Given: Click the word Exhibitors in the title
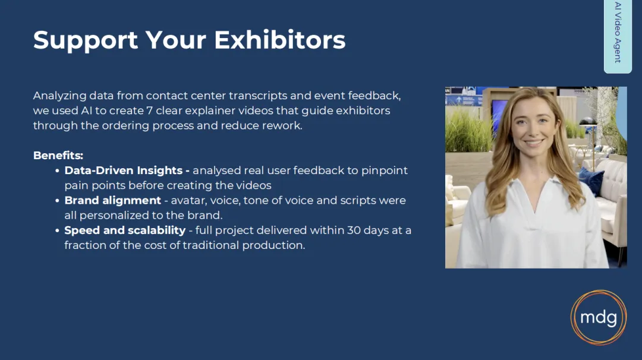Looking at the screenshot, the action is point(279,40).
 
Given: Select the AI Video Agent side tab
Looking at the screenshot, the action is point(618,36).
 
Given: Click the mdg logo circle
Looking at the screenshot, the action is point(599,317).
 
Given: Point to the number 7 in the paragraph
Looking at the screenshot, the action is point(149,110).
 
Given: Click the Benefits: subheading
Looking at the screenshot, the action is point(58,156).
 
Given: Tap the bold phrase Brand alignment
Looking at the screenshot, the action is point(112,200).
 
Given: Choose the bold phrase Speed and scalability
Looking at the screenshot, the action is point(125,230).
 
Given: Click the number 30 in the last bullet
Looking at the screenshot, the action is point(353,230).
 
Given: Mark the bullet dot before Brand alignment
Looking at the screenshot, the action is point(57,201).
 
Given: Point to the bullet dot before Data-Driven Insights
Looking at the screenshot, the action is point(57,171).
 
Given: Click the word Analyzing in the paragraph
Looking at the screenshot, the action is point(60,96).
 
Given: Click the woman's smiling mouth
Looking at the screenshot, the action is point(533,143).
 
